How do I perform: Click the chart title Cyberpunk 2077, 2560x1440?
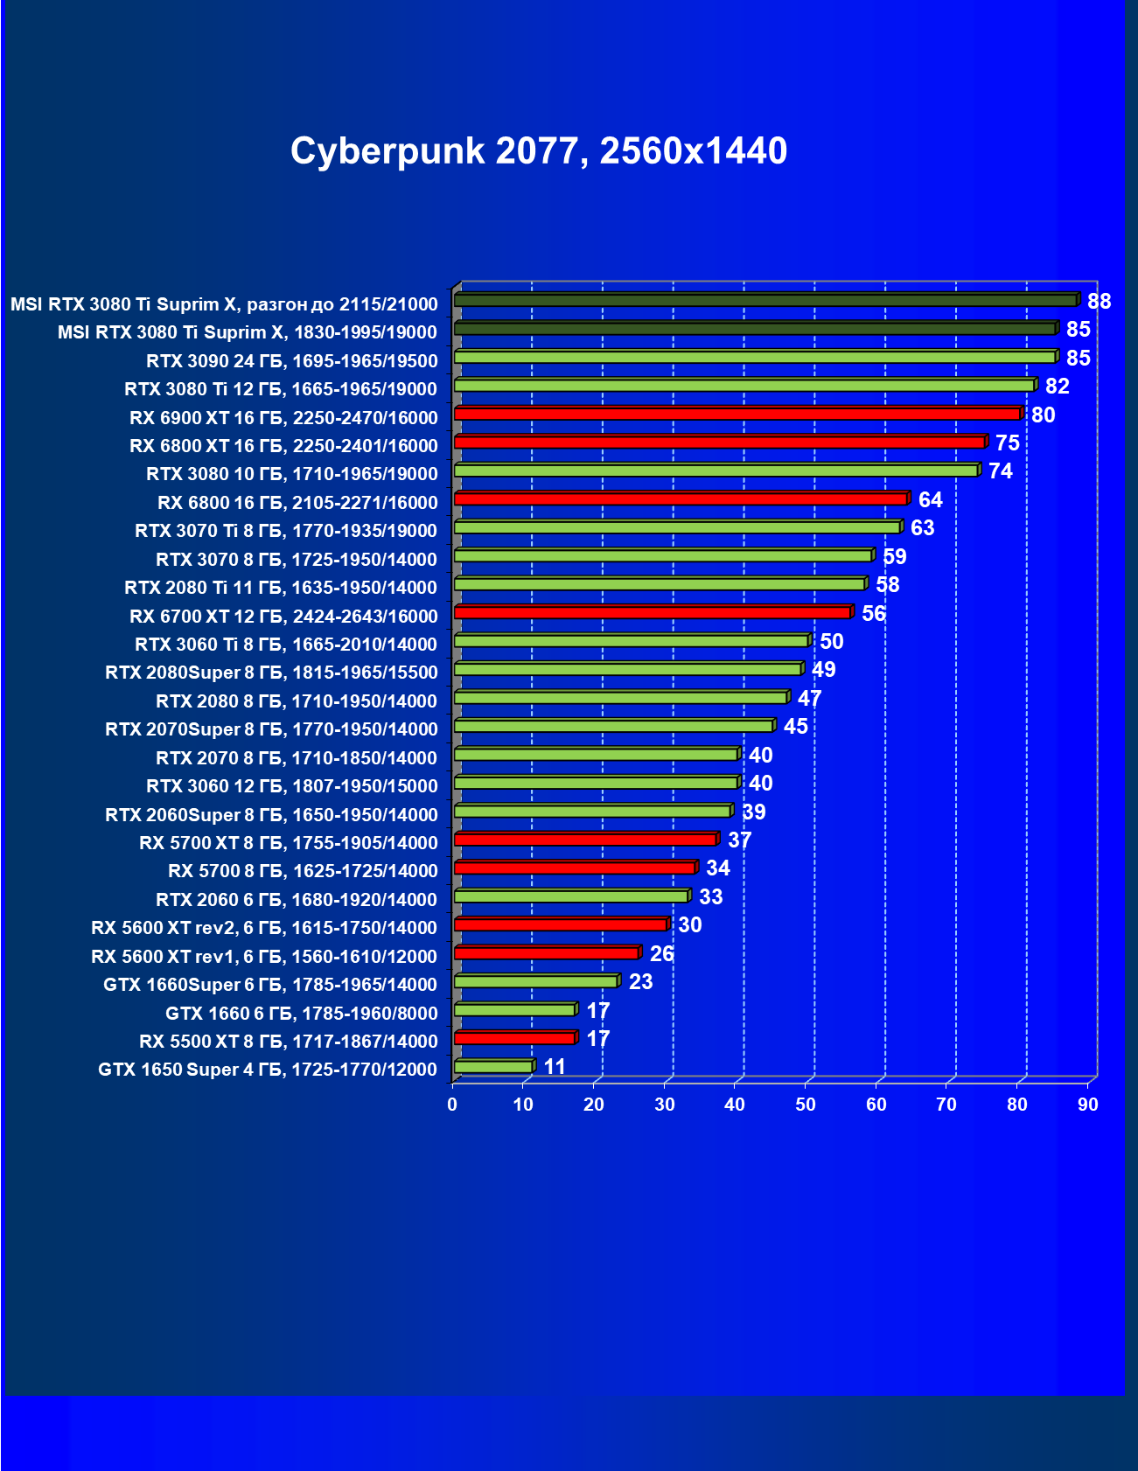click(x=539, y=151)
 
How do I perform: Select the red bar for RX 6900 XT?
click(x=737, y=414)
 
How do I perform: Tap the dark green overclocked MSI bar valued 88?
click(x=765, y=301)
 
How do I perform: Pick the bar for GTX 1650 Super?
click(x=493, y=1067)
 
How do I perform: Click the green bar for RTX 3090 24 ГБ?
click(x=755, y=357)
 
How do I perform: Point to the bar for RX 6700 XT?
click(x=653, y=612)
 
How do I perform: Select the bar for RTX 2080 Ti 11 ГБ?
click(x=660, y=584)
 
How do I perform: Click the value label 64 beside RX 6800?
click(x=930, y=499)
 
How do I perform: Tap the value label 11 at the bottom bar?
click(x=555, y=1067)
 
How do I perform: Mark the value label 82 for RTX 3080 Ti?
click(x=1057, y=387)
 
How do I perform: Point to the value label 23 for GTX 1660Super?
click(x=640, y=982)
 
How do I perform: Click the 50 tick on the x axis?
click(x=806, y=1105)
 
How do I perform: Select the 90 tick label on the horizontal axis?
click(x=1087, y=1105)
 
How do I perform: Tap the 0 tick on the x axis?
click(x=452, y=1105)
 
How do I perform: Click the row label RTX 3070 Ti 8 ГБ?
click(x=286, y=531)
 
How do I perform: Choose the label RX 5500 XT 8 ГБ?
click(x=288, y=1042)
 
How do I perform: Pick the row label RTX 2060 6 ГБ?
click(x=297, y=900)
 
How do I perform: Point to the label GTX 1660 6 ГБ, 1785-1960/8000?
click(x=301, y=1014)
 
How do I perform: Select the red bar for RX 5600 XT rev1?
click(x=547, y=953)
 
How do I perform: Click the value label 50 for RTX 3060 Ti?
click(x=831, y=642)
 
